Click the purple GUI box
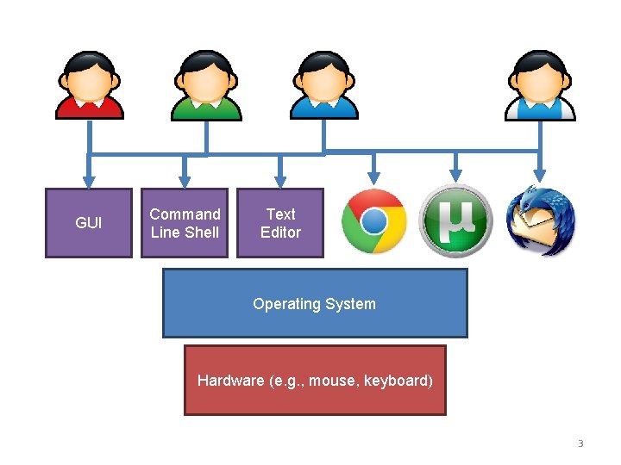(x=88, y=223)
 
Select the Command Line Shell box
(x=185, y=223)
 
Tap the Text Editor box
(x=280, y=223)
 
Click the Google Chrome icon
(x=373, y=221)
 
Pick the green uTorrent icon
(x=455, y=221)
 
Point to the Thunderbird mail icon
(x=541, y=221)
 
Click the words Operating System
(x=314, y=304)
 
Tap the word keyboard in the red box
(x=398, y=381)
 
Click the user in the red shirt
(x=89, y=85)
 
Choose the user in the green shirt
(x=205, y=85)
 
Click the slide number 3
(x=580, y=444)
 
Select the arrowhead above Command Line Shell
(x=185, y=178)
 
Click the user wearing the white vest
(x=540, y=85)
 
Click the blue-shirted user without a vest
(x=323, y=85)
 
